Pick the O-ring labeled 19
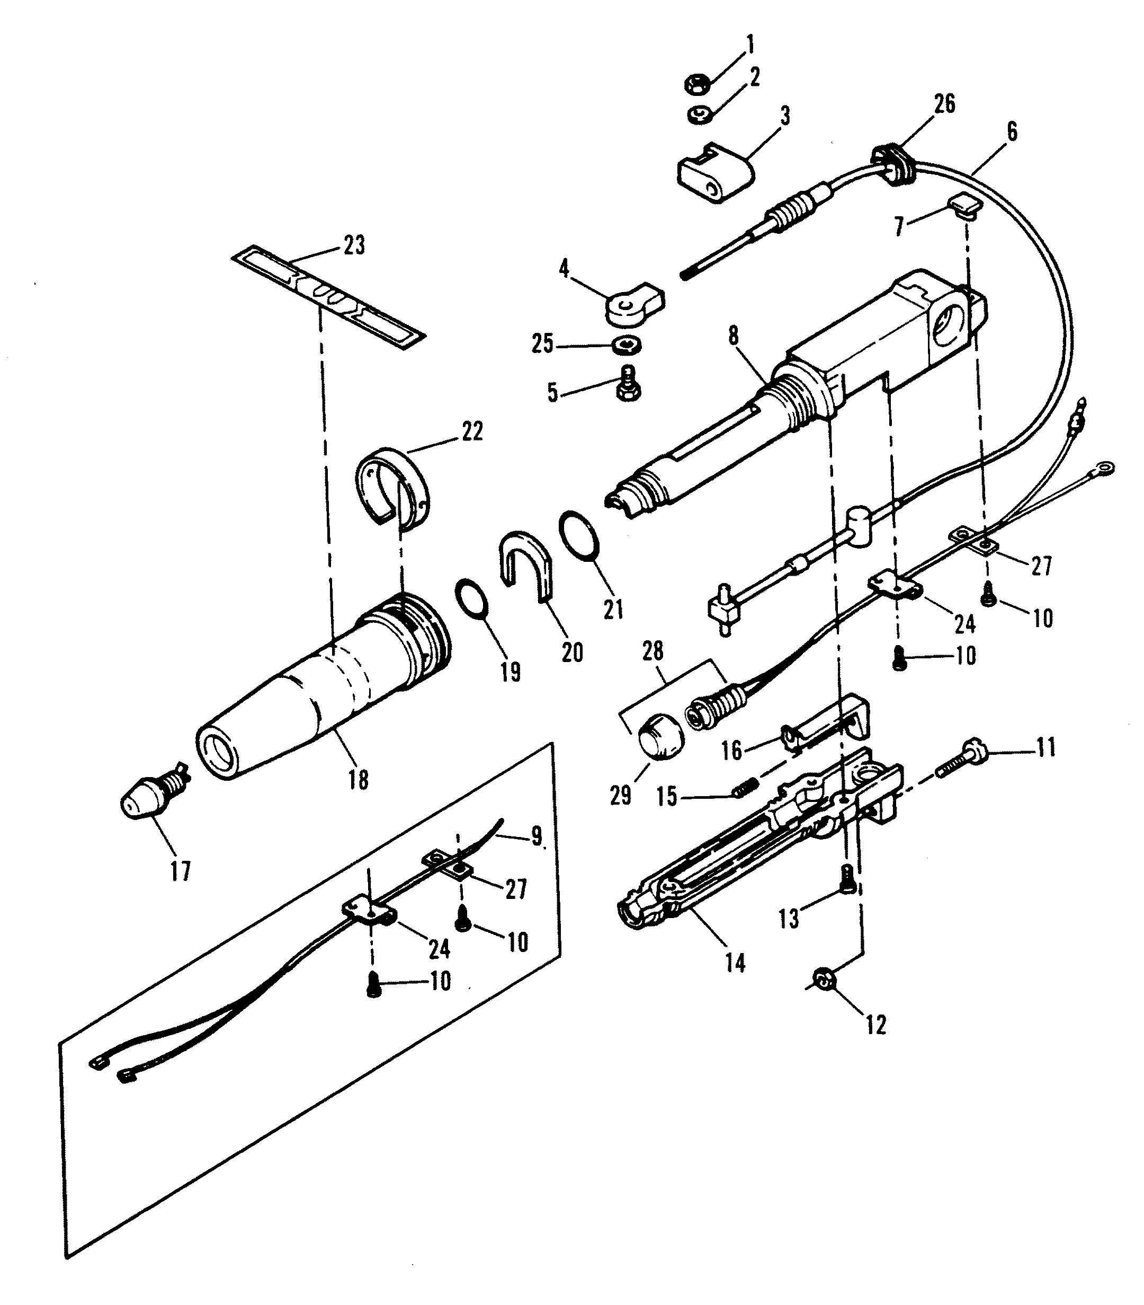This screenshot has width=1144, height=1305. click(472, 599)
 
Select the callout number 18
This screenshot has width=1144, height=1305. click(358, 780)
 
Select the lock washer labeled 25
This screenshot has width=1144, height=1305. click(629, 346)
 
